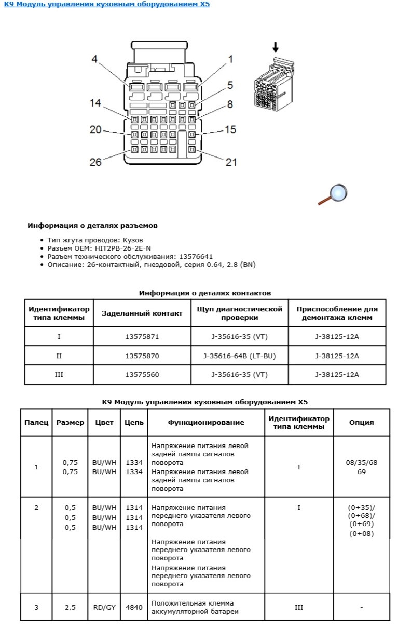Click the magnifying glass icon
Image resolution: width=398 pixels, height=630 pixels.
334,194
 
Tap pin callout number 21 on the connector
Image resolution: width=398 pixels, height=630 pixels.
231,162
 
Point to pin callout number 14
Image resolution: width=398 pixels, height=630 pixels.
95,103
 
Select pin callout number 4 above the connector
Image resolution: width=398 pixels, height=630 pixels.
94,59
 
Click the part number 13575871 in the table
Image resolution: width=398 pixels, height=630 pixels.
142,336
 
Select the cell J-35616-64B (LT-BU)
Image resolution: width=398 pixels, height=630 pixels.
239,356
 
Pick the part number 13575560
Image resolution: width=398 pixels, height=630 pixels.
142,375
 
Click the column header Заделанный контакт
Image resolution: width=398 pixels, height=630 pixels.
142,313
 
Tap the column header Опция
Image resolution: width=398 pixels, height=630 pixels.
361,422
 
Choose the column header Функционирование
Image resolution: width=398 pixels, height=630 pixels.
205,422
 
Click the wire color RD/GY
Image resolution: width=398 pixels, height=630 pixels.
104,607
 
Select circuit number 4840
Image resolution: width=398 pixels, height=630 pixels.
134,607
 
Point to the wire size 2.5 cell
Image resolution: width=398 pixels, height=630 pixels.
70,607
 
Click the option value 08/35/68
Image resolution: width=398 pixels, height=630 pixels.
361,462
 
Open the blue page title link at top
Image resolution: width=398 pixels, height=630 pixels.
107,5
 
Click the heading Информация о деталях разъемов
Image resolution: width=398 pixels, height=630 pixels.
92,226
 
